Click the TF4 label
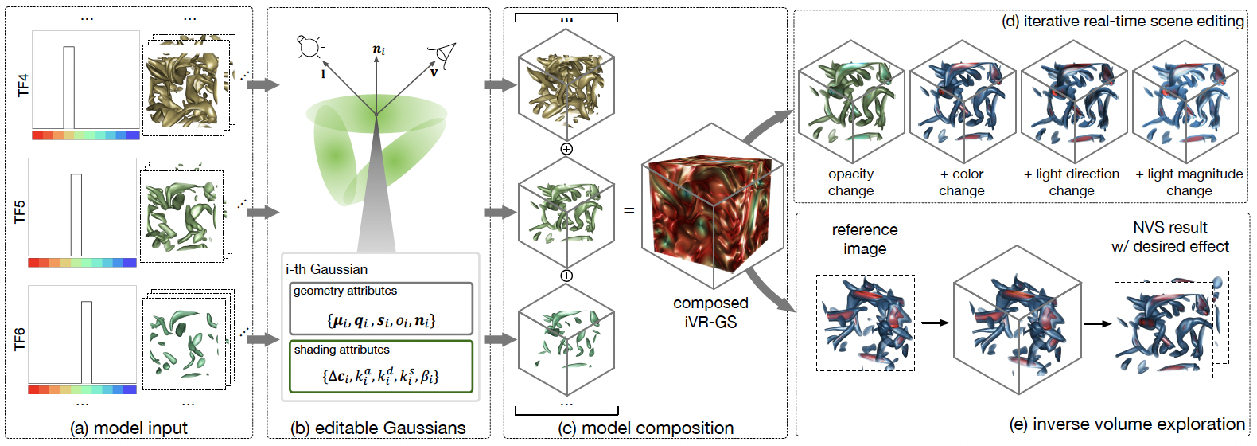pos(23,85)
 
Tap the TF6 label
pos(20,340)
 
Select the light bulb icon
pos(309,47)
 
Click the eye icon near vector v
pos(444,53)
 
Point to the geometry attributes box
pos(381,308)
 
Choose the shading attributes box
pos(381,367)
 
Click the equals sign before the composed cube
pos(629,210)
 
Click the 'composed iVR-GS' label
pos(711,312)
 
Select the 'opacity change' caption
pos(850,182)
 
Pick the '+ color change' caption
pos(962,182)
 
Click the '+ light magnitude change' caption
pos(1189,182)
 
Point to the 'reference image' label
pos(865,239)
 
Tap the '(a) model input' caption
pos(129,428)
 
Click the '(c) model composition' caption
pos(645,428)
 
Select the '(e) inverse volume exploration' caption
pos(1127,424)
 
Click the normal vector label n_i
pos(379,49)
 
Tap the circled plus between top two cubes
pos(566,149)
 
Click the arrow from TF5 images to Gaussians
pos(263,213)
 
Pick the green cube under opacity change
pos(851,102)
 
